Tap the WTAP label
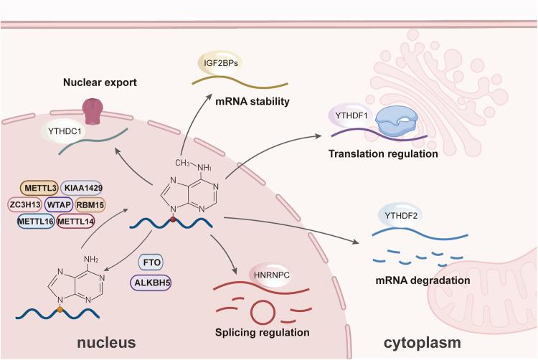[60, 206]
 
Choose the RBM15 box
[90, 206]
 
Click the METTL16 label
[36, 221]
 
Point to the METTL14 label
[76, 221]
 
